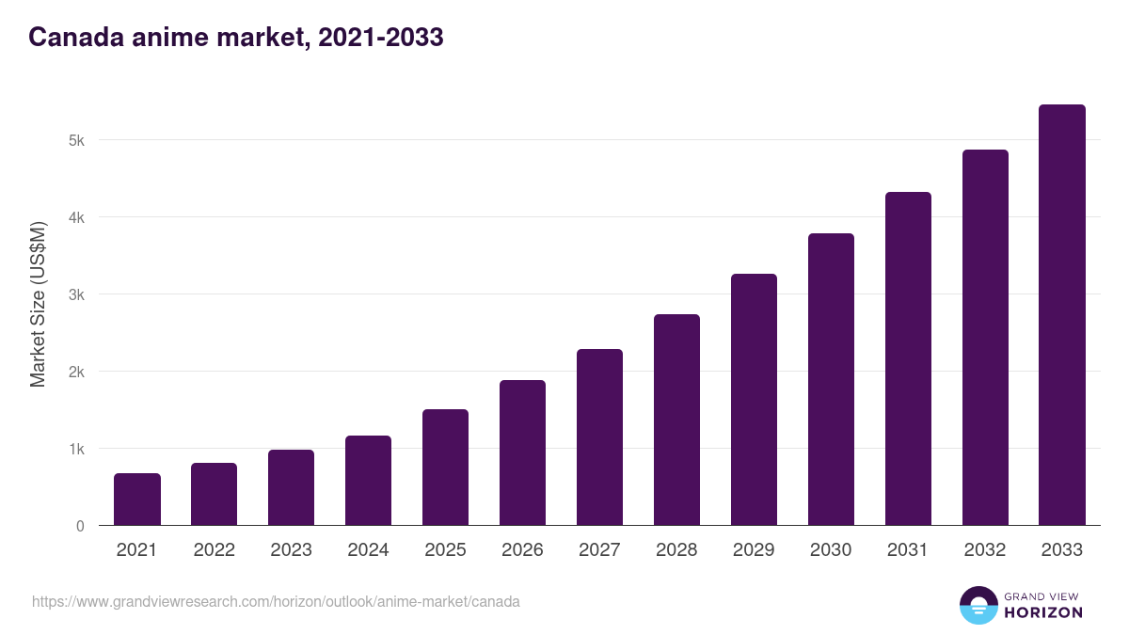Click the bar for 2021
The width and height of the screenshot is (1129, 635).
point(137,500)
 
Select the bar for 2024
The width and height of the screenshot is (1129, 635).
point(369,481)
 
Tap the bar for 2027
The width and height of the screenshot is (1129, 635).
point(599,437)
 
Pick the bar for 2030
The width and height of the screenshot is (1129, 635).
point(831,379)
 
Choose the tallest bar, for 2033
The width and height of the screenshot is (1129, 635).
point(1062,315)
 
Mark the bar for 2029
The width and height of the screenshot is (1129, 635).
point(754,400)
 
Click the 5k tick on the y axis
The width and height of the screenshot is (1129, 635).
point(76,140)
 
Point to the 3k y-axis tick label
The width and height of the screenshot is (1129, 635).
point(76,294)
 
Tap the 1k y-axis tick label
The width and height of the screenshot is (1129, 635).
point(76,449)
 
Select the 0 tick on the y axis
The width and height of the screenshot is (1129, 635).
point(80,526)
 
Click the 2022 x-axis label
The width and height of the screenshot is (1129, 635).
point(215,550)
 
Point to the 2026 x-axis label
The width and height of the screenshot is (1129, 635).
point(522,550)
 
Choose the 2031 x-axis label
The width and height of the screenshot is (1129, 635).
point(908,550)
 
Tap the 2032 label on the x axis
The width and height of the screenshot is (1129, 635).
point(985,550)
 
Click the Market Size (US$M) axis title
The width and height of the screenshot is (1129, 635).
point(38,304)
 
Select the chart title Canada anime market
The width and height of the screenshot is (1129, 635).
point(235,38)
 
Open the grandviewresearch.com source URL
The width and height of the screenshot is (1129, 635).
point(276,601)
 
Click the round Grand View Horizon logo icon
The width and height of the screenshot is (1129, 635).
point(978,605)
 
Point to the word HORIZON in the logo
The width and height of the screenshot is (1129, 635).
point(1043,612)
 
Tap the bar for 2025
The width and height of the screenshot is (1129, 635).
point(445,468)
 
